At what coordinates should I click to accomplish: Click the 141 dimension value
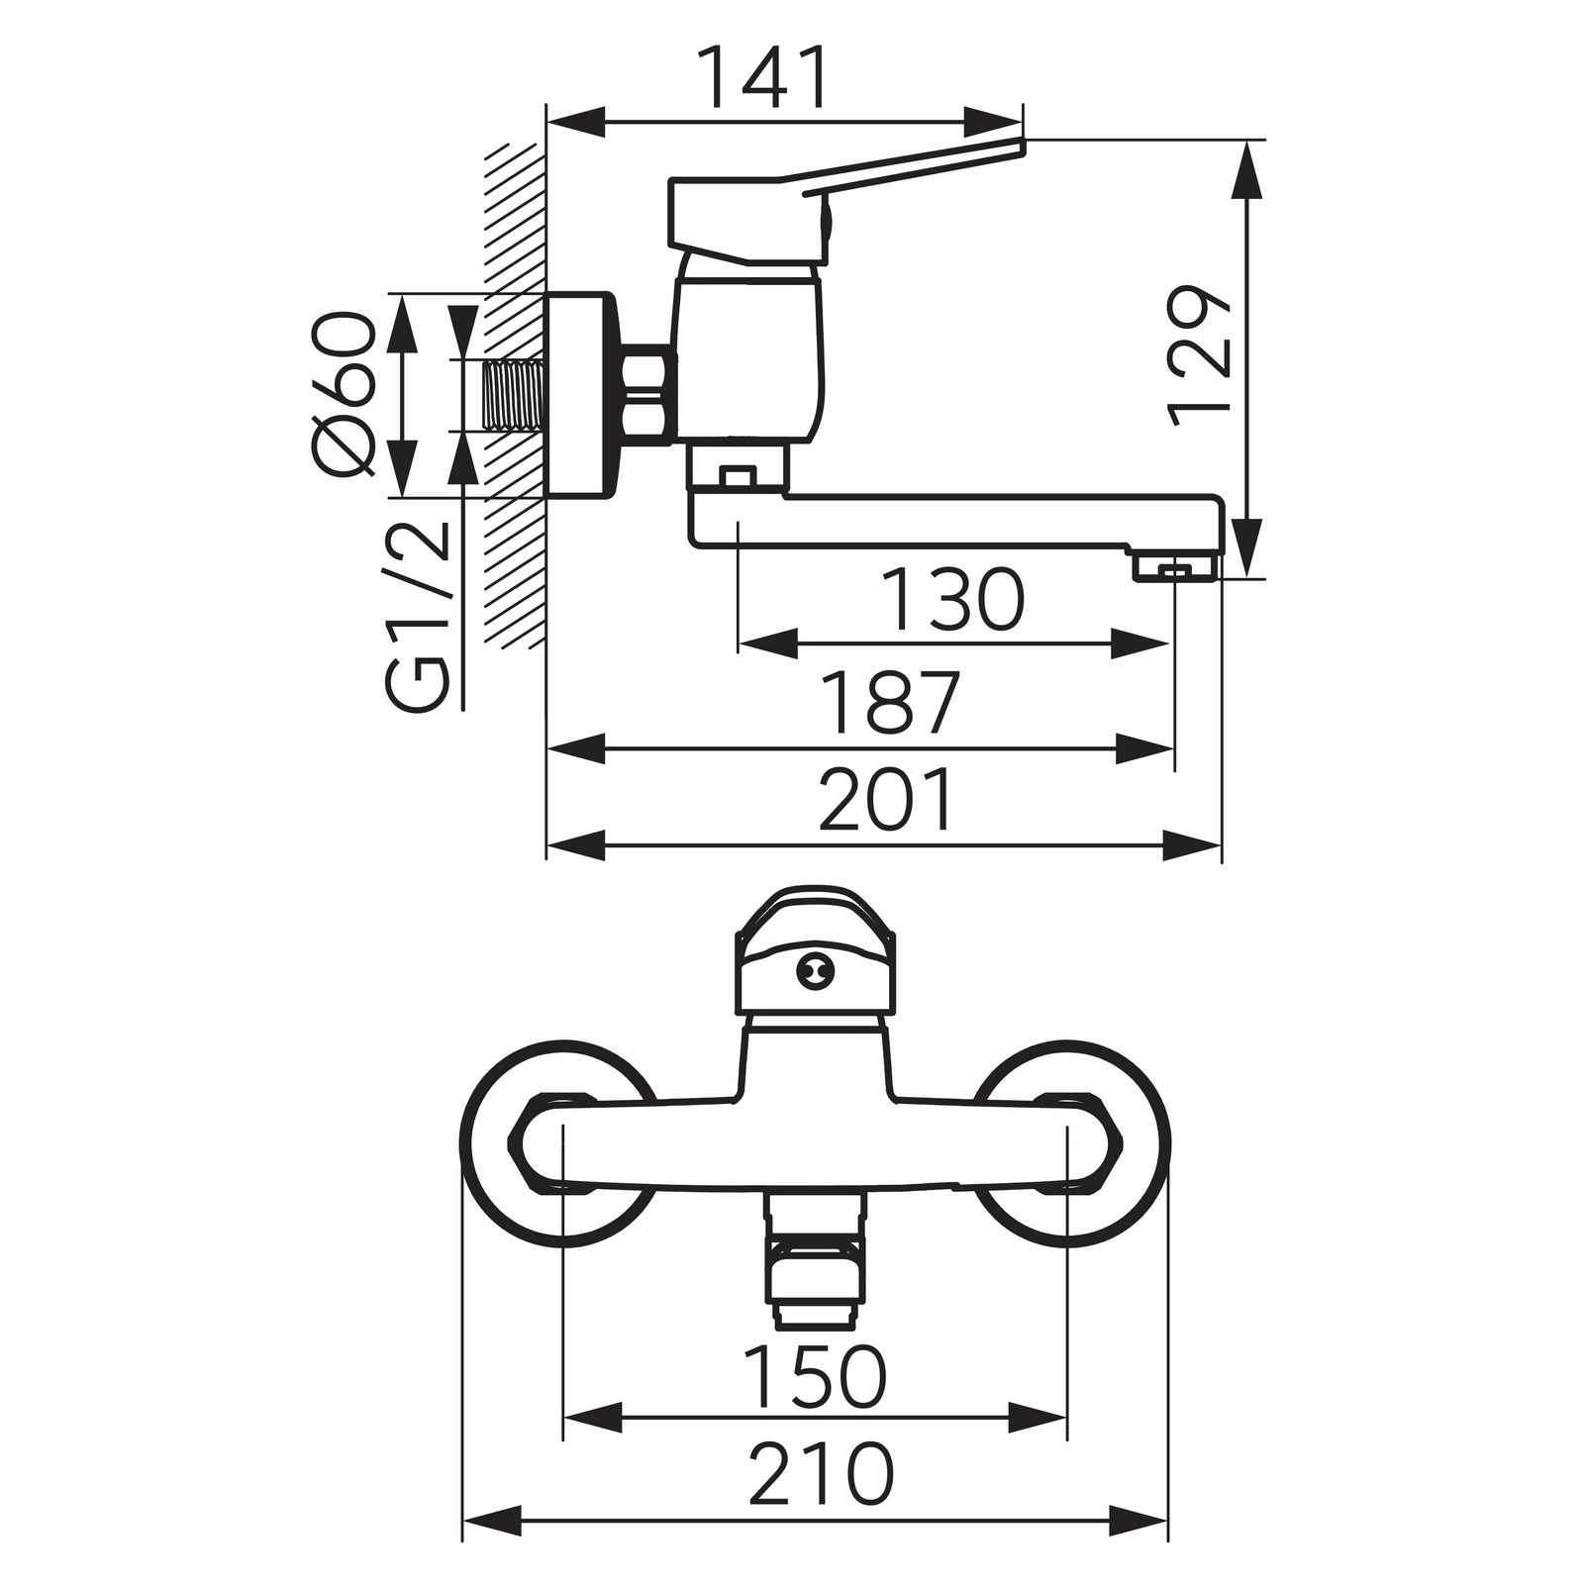tap(762, 77)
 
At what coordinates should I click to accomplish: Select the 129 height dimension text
tap(1199, 358)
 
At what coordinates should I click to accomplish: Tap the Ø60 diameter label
tap(346, 393)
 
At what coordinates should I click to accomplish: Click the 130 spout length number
tap(952, 600)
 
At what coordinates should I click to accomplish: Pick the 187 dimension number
tap(892, 703)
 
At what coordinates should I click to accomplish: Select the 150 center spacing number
tap(815, 1376)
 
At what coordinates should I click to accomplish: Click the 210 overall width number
tap(821, 1473)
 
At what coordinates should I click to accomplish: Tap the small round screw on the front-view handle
tap(815, 973)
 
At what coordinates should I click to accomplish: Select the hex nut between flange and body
tap(646, 392)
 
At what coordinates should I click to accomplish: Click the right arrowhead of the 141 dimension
tap(993, 123)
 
